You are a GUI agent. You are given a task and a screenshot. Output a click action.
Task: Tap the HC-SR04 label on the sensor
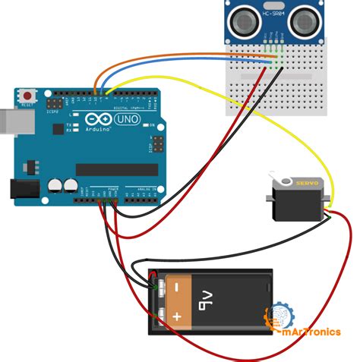273,14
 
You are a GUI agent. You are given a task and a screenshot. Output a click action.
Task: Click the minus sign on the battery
175,287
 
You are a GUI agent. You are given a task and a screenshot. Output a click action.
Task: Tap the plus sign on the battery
176,313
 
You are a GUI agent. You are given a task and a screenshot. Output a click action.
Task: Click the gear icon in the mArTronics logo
276,316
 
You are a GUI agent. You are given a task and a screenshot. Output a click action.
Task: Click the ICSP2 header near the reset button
55,102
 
